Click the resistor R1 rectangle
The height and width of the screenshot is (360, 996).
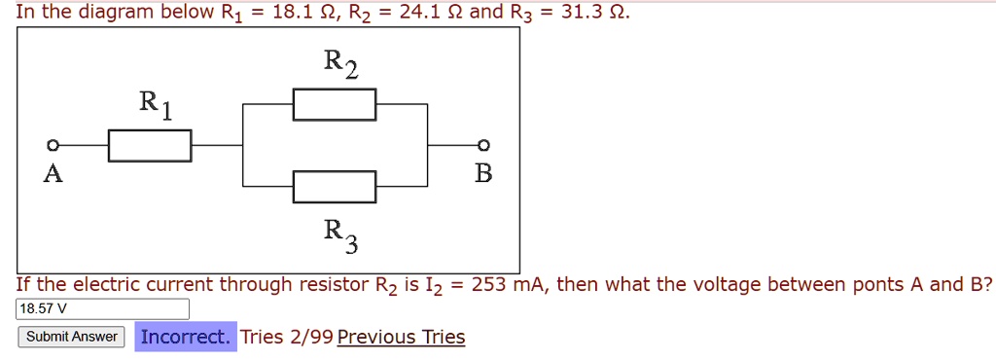149,145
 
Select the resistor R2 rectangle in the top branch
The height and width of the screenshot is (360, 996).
335,104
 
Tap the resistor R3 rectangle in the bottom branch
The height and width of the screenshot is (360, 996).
335,185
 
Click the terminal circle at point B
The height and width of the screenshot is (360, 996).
483,145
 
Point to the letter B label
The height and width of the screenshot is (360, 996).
483,174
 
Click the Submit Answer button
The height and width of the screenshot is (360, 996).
71,337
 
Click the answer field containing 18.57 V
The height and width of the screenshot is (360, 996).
103,309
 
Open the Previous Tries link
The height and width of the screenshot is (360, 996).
401,337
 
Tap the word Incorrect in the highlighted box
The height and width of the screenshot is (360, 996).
185,337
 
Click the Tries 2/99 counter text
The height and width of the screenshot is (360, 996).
286,337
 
